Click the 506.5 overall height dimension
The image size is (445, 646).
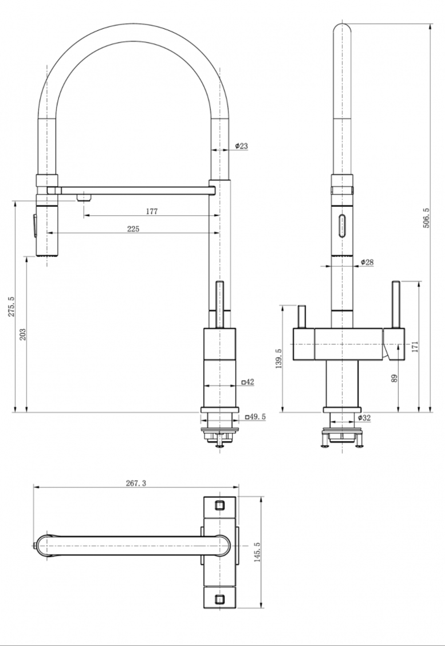tap(426, 218)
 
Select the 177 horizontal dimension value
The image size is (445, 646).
tap(152, 211)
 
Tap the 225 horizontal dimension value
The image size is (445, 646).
tap(133, 229)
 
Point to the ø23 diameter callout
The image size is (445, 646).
tap(241, 146)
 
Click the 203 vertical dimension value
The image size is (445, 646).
tap(23, 334)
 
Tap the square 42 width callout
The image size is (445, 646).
tap(247, 382)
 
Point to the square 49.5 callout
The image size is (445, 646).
tap(255, 417)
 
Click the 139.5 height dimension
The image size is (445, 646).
tap(279, 358)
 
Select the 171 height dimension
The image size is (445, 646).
tap(415, 347)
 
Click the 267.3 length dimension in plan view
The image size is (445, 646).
tap(136, 483)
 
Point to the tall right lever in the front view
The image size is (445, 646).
tap(396, 305)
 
